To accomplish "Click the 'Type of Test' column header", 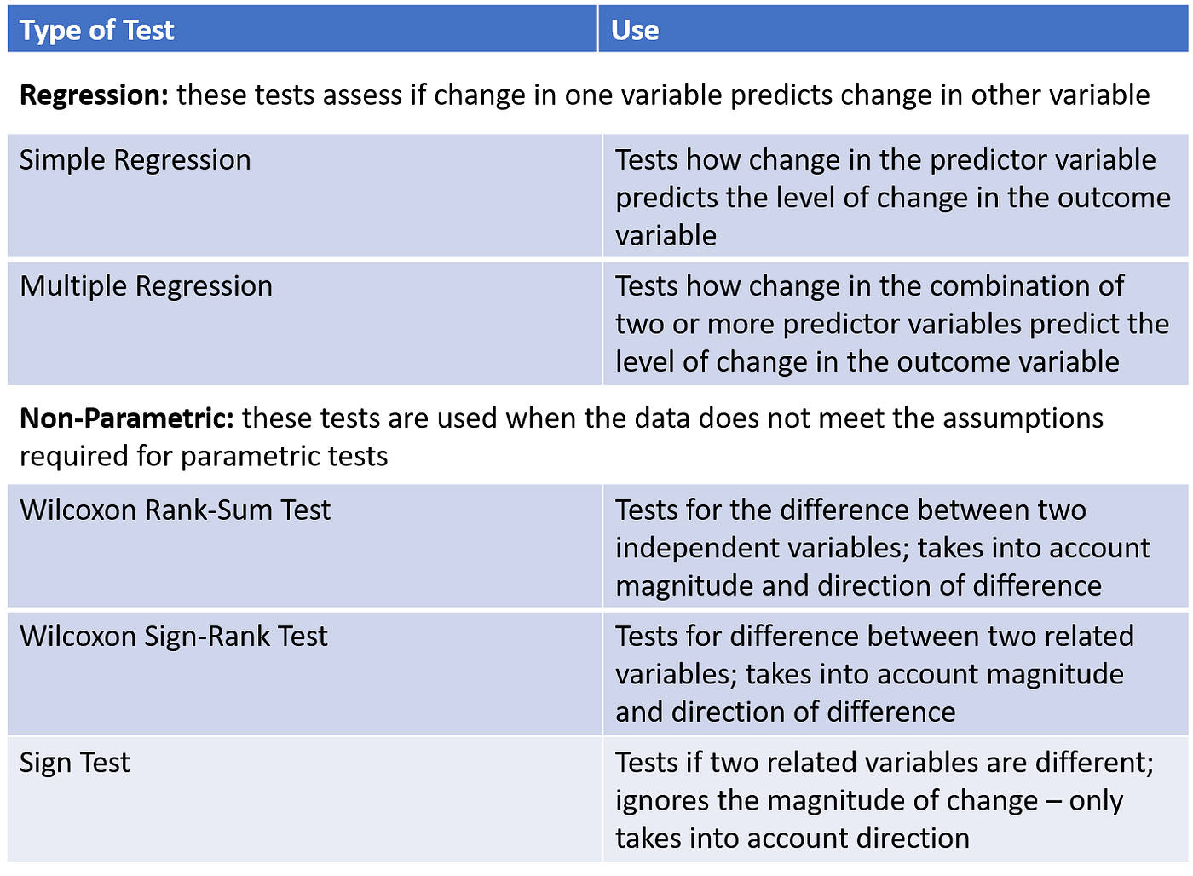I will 96,31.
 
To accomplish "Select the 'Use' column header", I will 635,31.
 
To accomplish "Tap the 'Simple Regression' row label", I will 135,160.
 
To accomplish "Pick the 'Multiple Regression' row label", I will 146,286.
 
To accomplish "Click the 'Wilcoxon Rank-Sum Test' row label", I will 175,510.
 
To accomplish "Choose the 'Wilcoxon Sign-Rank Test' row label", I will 173,637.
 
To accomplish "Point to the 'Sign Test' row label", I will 74,763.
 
